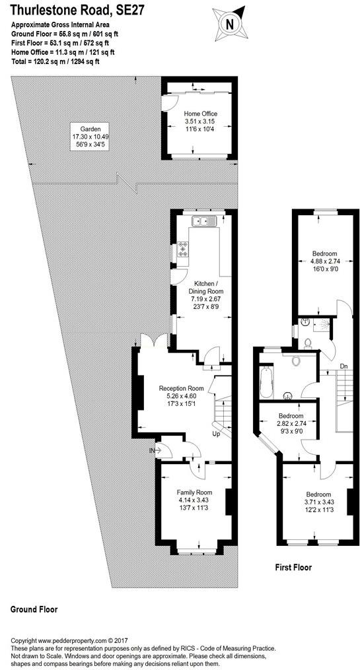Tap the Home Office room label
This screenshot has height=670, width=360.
(201, 114)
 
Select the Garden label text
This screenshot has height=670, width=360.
(90, 129)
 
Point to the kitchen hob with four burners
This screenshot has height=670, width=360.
(184, 249)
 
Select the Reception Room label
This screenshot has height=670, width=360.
(181, 388)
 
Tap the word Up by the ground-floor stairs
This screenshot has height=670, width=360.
(217, 434)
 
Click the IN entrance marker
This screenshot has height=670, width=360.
(152, 450)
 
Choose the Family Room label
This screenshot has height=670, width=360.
(195, 492)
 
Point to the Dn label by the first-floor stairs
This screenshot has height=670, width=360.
(343, 366)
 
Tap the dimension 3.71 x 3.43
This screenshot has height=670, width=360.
(318, 502)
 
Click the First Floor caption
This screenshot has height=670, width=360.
(293, 568)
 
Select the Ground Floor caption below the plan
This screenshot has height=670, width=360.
(34, 609)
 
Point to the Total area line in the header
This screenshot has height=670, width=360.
(55, 61)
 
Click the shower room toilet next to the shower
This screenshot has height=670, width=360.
(306, 343)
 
